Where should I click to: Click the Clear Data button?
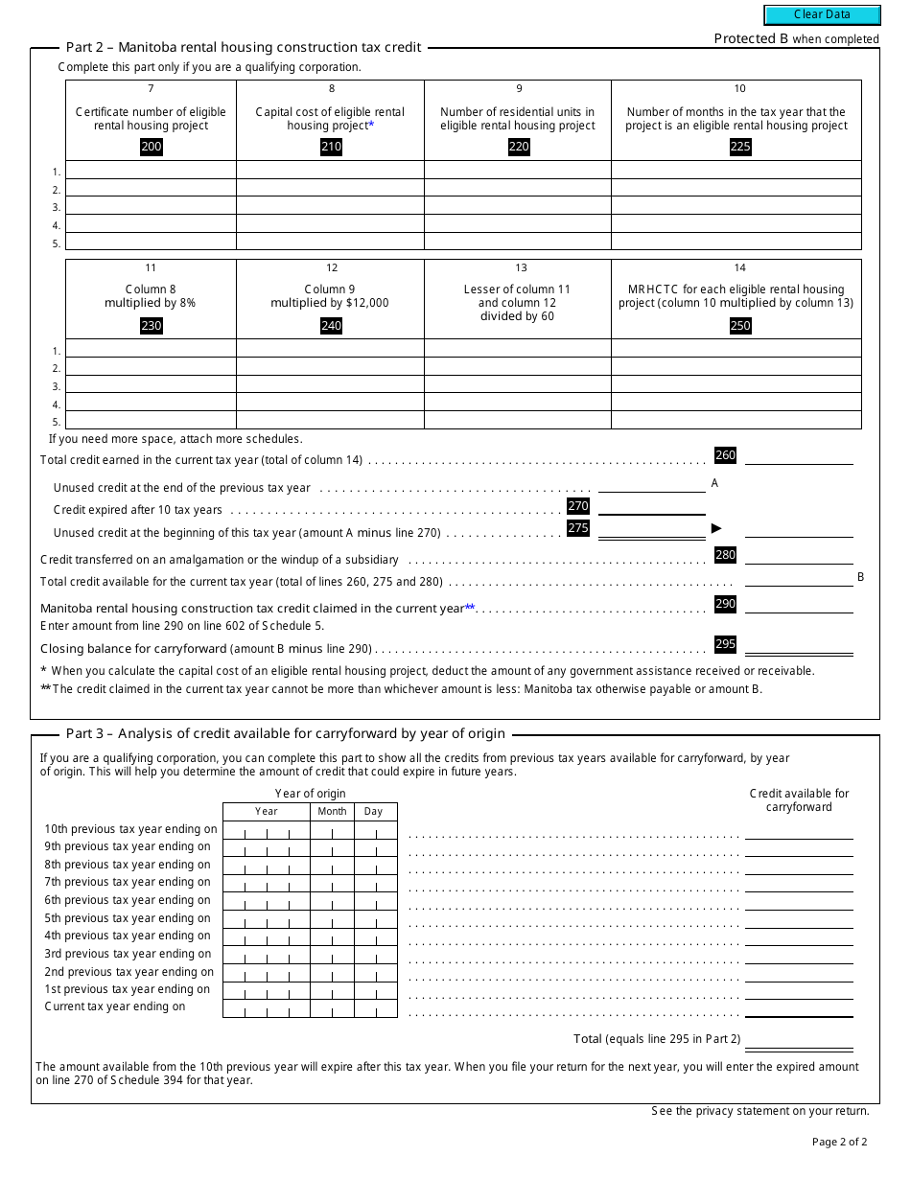point(822,15)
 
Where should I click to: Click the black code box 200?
point(152,147)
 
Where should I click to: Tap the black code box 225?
point(739,147)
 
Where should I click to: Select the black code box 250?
point(739,326)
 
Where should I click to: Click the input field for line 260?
point(799,456)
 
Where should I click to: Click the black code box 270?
point(578,506)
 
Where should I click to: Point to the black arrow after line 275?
point(715,528)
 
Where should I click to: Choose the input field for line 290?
point(799,605)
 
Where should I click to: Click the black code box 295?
point(725,645)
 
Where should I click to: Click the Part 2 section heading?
point(244,47)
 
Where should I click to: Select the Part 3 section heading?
point(285,734)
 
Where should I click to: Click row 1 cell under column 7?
point(151,171)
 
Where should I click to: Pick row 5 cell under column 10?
point(736,242)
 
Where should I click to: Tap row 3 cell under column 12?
point(330,385)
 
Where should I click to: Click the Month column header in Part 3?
point(332,811)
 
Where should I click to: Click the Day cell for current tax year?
point(375,1008)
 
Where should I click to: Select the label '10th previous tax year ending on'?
point(130,829)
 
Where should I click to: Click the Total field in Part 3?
point(799,1040)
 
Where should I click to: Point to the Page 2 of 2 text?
point(839,1142)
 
